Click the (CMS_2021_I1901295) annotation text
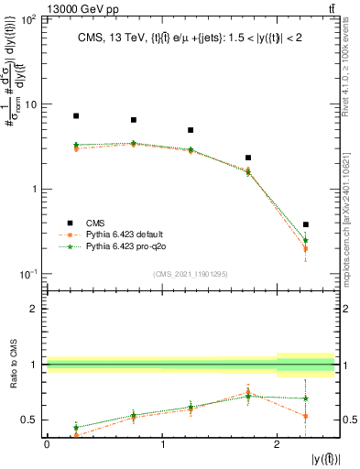191,273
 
